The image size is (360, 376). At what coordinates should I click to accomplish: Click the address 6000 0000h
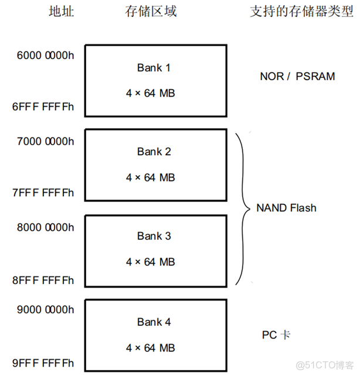[46, 56]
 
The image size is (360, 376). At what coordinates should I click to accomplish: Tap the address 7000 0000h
[46, 141]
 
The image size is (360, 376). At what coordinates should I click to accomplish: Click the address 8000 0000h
[46, 227]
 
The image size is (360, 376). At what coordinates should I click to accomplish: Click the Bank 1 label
[154, 68]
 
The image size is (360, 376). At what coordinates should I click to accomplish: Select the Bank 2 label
[154, 152]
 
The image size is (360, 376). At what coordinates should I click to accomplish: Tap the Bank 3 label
[154, 236]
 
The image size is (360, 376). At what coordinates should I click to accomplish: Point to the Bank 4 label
[154, 322]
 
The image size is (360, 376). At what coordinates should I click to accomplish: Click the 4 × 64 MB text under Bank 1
[151, 93]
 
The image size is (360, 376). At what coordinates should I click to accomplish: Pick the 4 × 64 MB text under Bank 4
[151, 347]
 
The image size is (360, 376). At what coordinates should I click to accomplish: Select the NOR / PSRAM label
[297, 76]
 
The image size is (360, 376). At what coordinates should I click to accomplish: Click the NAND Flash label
[286, 208]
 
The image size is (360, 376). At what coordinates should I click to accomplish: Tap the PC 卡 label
[276, 335]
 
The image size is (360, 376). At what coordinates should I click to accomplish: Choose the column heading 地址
[61, 11]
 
